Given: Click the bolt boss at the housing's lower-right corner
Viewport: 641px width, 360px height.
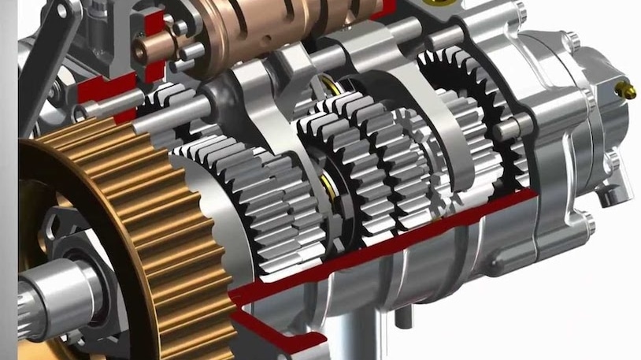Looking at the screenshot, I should [x=587, y=225].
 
